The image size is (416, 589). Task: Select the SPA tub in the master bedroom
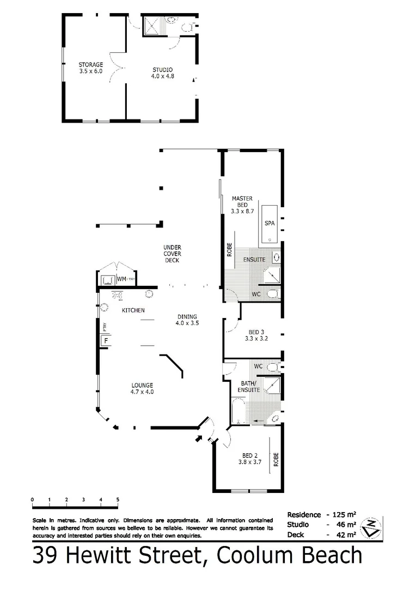point(270,224)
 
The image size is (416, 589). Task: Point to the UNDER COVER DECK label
point(172,254)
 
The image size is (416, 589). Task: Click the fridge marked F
point(107,341)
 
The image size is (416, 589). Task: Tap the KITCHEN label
point(133,310)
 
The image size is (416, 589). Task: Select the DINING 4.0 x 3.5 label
point(186,320)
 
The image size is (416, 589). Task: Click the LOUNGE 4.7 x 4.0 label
point(142,388)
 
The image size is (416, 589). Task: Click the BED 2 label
point(250,459)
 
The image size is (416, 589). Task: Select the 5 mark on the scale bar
point(118,500)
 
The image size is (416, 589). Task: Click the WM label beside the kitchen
point(121,279)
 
